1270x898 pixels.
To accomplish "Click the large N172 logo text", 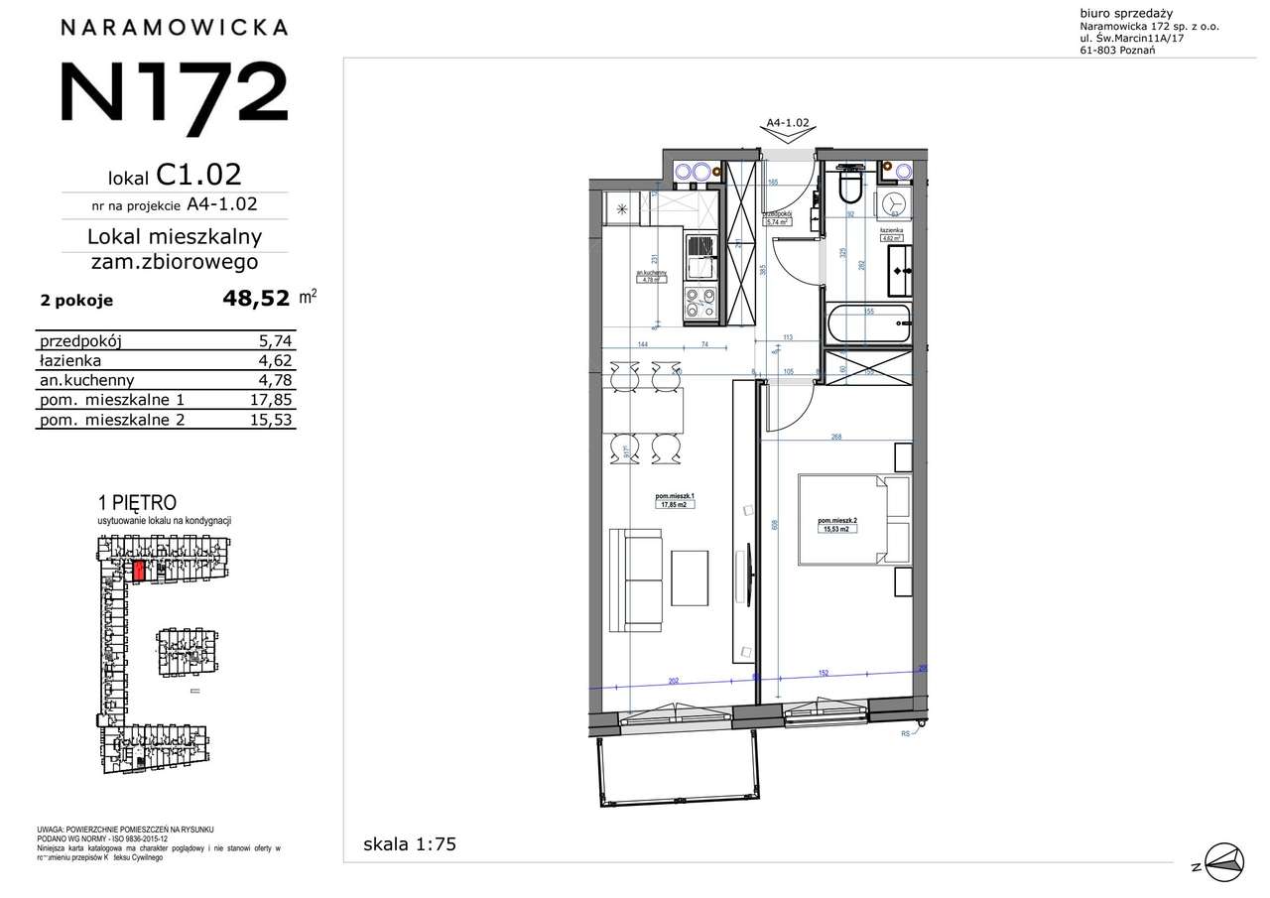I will coord(174,92).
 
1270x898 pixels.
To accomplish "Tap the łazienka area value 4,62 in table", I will coord(277,360).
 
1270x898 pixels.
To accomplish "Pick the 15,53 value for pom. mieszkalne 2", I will coord(273,420).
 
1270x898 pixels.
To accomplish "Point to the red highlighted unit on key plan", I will coord(140,571).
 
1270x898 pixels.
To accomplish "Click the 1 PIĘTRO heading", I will coord(140,502).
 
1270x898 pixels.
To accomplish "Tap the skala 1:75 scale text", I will coord(409,844).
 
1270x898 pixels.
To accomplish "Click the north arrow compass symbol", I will coord(1222,860).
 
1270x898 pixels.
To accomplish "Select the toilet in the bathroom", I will coord(851,186).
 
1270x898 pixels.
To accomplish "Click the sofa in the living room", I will coord(635,579).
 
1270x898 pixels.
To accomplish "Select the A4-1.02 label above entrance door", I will coord(789,123).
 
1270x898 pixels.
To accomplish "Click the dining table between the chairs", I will coord(643,410).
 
